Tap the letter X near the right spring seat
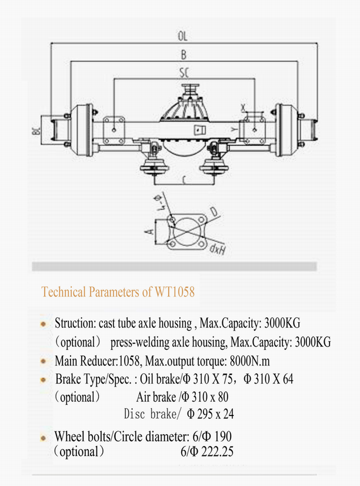[x=243, y=107]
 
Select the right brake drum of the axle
[x=286, y=128]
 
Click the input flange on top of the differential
[x=189, y=89]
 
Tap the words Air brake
[x=158, y=397]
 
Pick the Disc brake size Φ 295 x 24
[x=209, y=414]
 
